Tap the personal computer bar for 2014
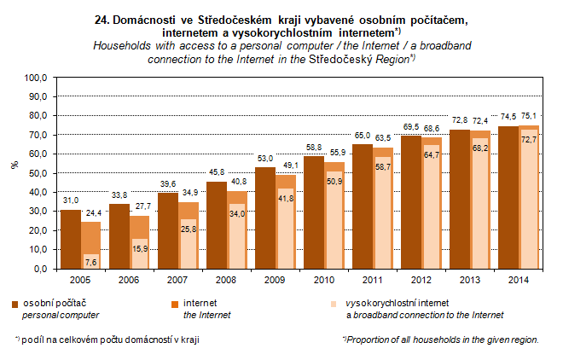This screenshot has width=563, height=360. pos(508,197)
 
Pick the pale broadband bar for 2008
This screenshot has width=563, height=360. pos(237,239)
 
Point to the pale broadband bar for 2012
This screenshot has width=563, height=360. pos(433,209)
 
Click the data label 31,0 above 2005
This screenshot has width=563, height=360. pos(71,200)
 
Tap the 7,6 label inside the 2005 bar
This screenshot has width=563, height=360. pos(91,259)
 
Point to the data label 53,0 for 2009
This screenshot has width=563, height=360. pos(266,159)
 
